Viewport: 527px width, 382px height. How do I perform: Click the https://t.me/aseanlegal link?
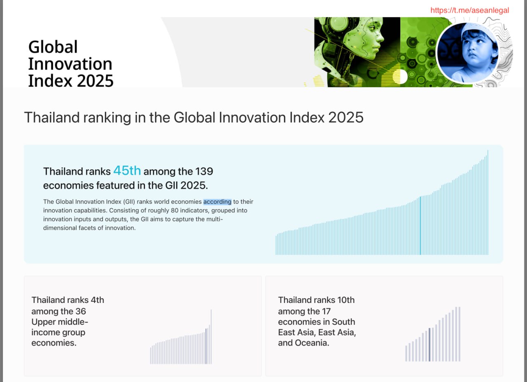pyautogui.click(x=469, y=10)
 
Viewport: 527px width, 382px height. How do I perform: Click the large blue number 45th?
pyautogui.click(x=127, y=170)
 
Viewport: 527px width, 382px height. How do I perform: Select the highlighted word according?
pyautogui.click(x=217, y=202)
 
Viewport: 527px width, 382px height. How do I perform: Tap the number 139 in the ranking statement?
pyautogui.click(x=204, y=171)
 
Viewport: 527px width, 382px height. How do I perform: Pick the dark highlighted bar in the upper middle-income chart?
pyautogui.click(x=206, y=346)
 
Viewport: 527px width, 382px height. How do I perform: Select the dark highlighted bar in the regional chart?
pyautogui.click(x=429, y=345)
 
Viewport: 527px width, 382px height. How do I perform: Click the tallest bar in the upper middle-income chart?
pyautogui.click(x=211, y=337)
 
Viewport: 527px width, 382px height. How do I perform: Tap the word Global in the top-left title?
pyautogui.click(x=53, y=47)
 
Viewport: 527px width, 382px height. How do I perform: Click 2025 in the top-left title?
pyautogui.click(x=95, y=81)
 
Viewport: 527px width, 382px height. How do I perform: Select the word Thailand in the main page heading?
pyautogui.click(x=51, y=117)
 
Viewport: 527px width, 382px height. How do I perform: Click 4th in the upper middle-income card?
pyautogui.click(x=97, y=300)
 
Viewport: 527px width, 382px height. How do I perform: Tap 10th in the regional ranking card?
pyautogui.click(x=345, y=300)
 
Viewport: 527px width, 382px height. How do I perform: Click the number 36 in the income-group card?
pyautogui.click(x=81, y=311)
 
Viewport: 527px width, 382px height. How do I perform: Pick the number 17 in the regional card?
pyautogui.click(x=326, y=311)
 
